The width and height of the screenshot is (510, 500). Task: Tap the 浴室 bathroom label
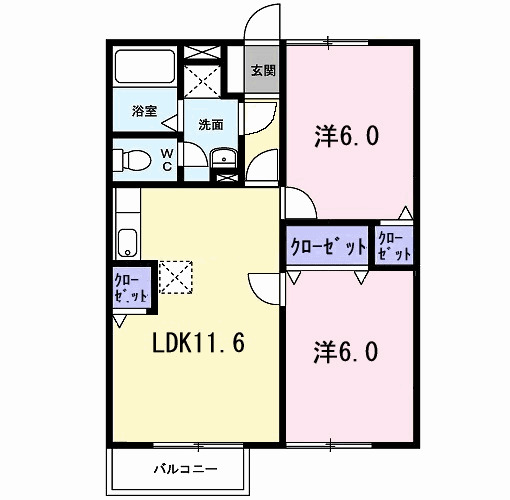click(x=145, y=111)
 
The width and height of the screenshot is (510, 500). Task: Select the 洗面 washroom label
click(x=210, y=125)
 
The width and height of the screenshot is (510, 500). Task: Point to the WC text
click(x=167, y=159)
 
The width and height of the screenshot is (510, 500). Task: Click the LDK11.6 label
click(x=199, y=343)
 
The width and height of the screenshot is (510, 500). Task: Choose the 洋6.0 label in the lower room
click(x=346, y=352)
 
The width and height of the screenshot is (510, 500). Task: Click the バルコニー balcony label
click(x=178, y=467)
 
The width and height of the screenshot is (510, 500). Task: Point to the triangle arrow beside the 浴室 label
click(x=169, y=121)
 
